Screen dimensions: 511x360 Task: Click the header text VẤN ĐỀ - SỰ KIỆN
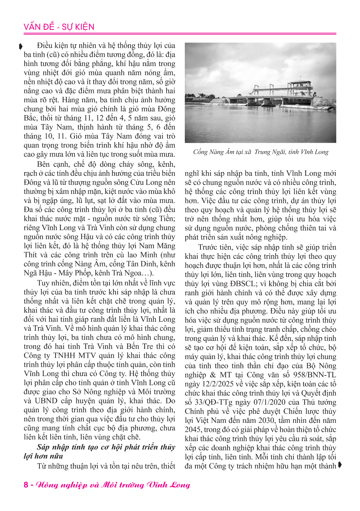click(x=59, y=27)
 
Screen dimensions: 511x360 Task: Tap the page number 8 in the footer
click(x=26, y=484)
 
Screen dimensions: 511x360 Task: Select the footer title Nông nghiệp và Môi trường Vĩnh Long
click(x=113, y=485)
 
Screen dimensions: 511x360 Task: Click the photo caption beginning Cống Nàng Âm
click(x=261, y=152)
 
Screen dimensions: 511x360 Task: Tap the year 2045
click(x=193, y=430)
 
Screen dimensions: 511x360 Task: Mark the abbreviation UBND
click(x=45, y=401)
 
